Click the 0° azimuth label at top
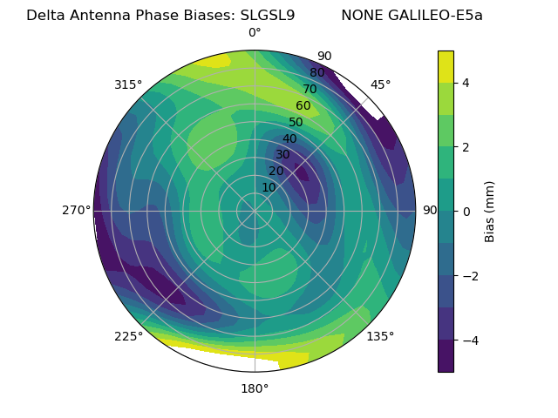[x=255, y=33]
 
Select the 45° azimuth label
[x=380, y=84]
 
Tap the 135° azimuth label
[x=380, y=337]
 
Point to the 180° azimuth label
[x=255, y=388]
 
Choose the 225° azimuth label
[x=128, y=337]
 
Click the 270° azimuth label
[x=76, y=211]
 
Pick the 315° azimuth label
[x=128, y=84]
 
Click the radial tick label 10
[x=269, y=187]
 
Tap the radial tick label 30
[x=282, y=155]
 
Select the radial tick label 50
[x=296, y=123]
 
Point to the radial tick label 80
[x=316, y=73]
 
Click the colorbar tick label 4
[x=466, y=83]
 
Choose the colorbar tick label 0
[x=466, y=212]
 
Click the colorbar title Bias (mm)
[x=490, y=212]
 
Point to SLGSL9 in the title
[x=268, y=16]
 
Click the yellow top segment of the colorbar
[x=446, y=66]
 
